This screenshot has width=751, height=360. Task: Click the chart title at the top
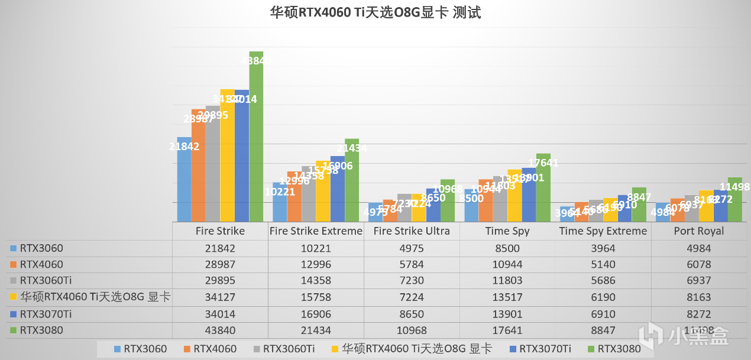375,12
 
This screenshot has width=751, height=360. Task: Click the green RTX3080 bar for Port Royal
734,201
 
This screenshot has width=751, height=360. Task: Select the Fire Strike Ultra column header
412,231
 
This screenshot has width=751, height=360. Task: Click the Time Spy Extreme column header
603,231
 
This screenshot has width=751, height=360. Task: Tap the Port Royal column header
699,231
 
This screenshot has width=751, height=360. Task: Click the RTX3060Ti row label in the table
41,281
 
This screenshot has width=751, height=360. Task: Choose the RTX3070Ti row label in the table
41,314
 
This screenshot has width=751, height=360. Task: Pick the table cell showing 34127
220,297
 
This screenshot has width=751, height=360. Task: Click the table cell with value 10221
316,248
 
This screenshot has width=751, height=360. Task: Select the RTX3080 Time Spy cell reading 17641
507,330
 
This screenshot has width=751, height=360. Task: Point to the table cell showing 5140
603,264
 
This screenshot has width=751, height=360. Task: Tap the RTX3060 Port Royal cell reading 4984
699,248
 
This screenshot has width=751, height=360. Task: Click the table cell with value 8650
412,314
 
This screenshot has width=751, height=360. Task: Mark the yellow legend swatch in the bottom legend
336,349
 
